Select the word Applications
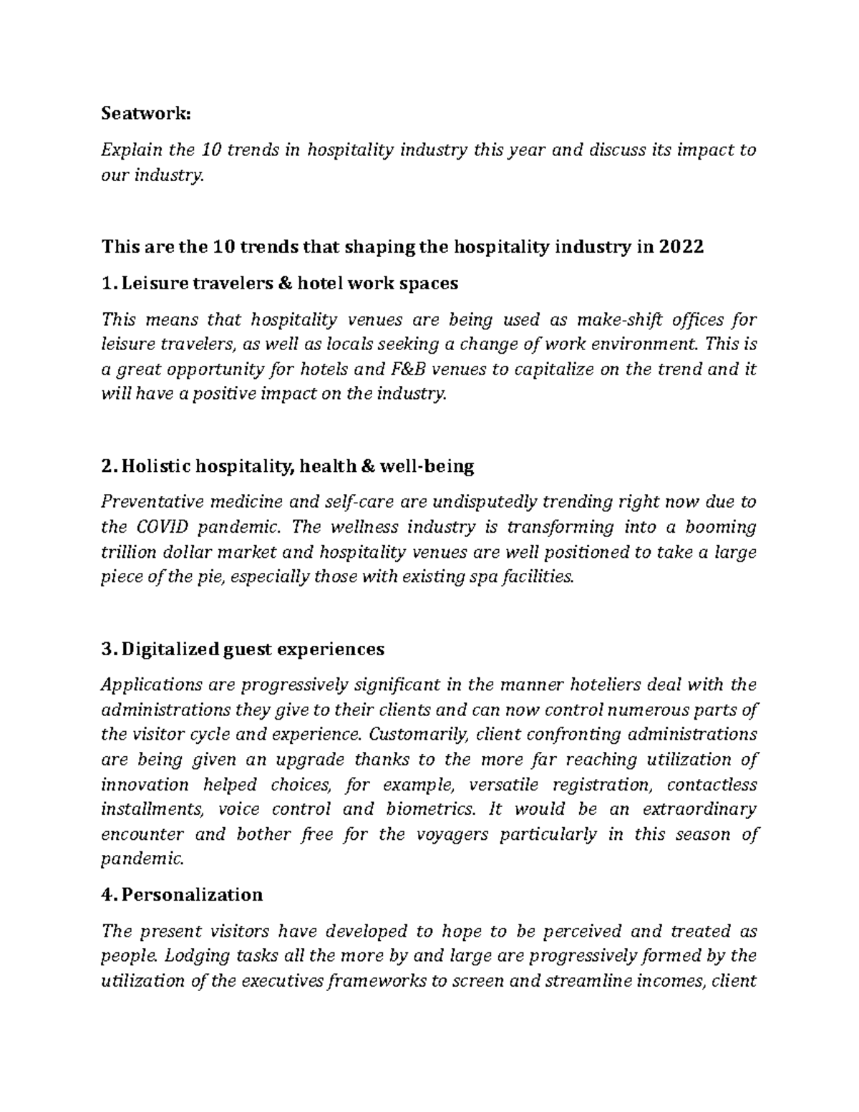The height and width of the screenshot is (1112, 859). tap(151, 685)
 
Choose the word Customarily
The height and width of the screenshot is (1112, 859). tap(419, 734)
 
